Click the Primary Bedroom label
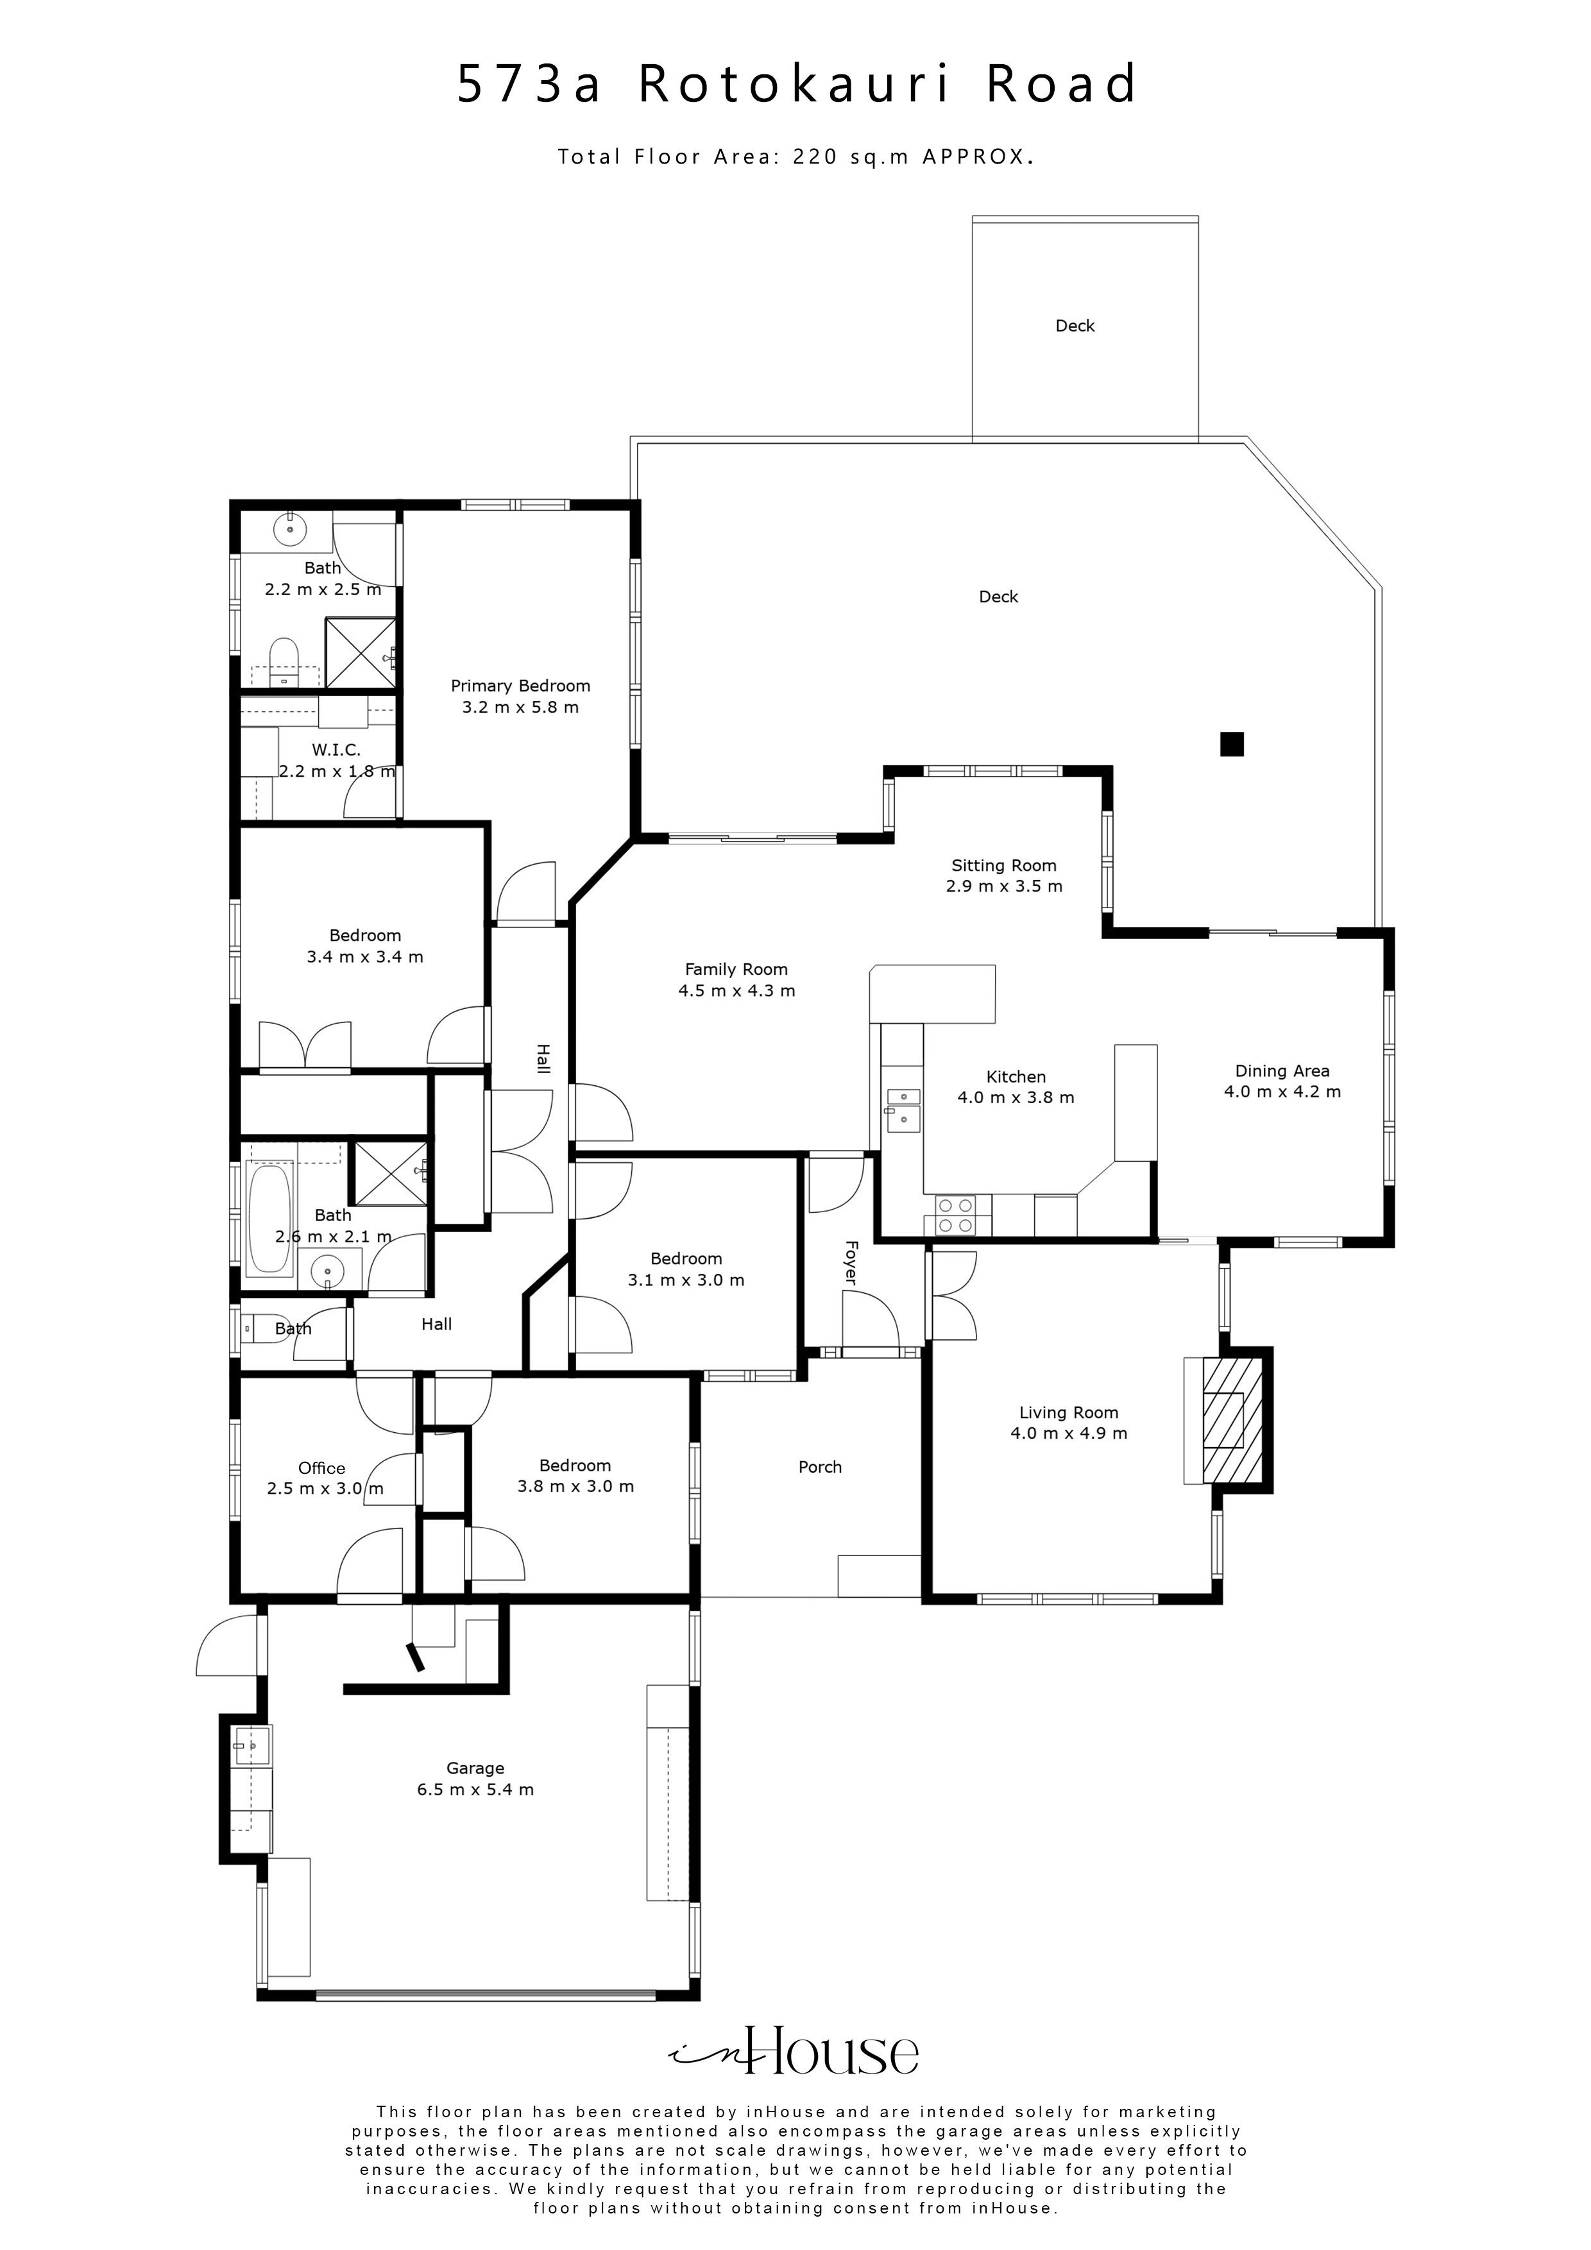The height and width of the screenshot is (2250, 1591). pyautogui.click(x=520, y=686)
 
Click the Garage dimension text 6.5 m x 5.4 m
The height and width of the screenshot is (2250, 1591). pyautogui.click(x=475, y=1789)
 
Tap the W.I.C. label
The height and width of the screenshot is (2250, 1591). pyautogui.click(x=336, y=750)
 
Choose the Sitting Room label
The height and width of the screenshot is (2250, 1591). pyautogui.click(x=1004, y=865)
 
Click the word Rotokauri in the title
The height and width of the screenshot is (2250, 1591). pyautogui.click(x=795, y=84)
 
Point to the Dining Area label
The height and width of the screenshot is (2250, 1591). pyautogui.click(x=1282, y=1071)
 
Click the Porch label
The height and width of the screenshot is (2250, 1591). pyautogui.click(x=821, y=1467)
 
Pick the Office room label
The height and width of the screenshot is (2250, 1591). pyautogui.click(x=321, y=1468)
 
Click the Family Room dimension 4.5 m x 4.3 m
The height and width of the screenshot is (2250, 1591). pyautogui.click(x=737, y=991)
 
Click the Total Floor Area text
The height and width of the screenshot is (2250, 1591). pyautogui.click(x=797, y=156)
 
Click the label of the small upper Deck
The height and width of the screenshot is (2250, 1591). pyautogui.click(x=1075, y=326)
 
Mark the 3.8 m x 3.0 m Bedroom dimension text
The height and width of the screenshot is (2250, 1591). pyautogui.click(x=575, y=1487)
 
